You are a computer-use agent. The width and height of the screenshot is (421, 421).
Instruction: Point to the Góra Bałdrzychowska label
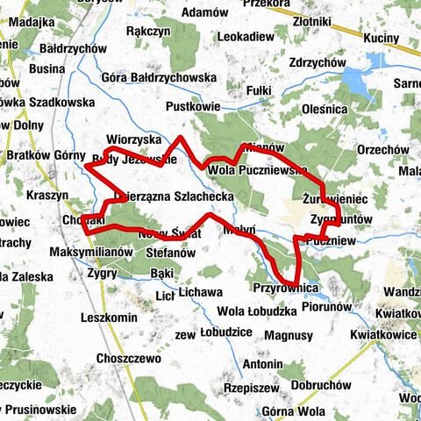point(160,77)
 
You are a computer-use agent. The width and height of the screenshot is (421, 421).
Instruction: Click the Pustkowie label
point(191,105)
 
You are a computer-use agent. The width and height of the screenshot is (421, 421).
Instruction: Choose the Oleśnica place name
point(325,109)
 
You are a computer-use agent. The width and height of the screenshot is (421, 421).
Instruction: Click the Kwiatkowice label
point(383,334)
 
